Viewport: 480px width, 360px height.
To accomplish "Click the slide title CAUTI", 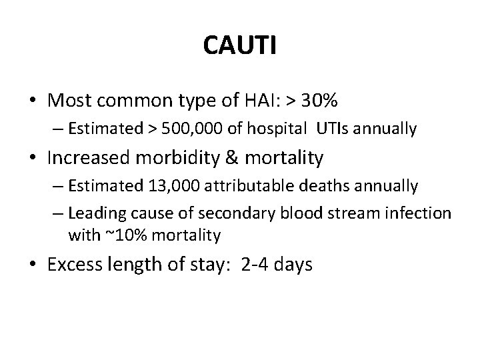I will pos(240,46).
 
